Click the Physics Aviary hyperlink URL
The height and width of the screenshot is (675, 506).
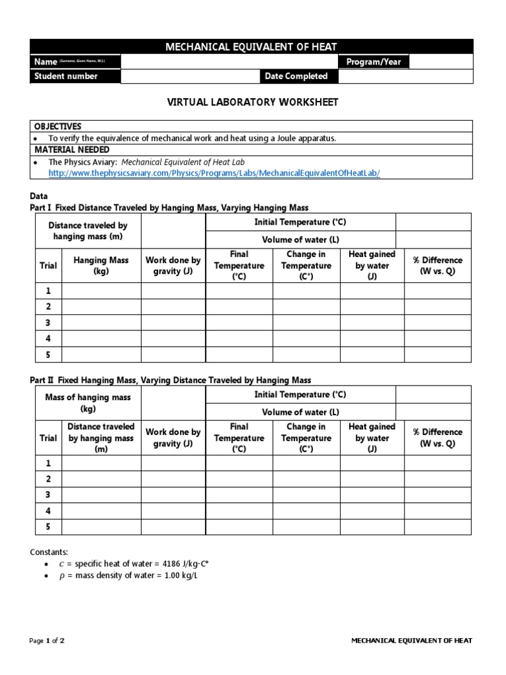(214, 173)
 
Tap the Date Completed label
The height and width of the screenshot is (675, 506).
(296, 76)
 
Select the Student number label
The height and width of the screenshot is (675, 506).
(66, 76)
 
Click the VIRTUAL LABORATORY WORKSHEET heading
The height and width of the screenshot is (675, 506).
(252, 102)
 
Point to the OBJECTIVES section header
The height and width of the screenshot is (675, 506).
(59, 126)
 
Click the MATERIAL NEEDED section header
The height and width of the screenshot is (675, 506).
(69, 150)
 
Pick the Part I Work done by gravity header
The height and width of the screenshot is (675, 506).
(173, 266)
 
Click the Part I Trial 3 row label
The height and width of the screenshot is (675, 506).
(47, 323)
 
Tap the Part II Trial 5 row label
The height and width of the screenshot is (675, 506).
(47, 527)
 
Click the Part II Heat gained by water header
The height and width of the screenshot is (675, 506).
(372, 438)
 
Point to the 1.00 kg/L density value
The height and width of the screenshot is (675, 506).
(179, 576)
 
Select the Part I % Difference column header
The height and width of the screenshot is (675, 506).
(437, 266)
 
